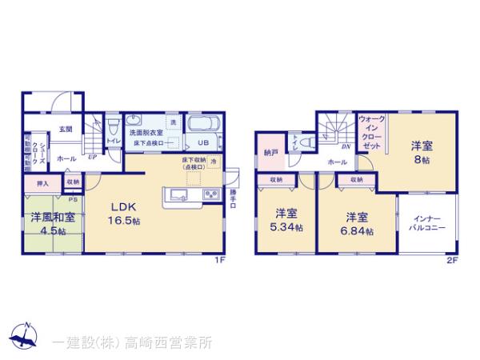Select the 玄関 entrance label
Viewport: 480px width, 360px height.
(x=65, y=129)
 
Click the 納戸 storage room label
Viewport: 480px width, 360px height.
(x=270, y=152)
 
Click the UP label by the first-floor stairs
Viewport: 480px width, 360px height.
(x=94, y=158)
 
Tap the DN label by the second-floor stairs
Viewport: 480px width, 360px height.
(x=346, y=147)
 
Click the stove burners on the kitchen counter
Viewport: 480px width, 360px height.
(x=210, y=194)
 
